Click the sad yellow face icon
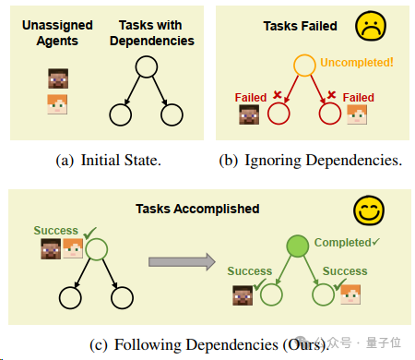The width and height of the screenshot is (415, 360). click(371, 26)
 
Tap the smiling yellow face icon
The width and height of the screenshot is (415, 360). click(369, 210)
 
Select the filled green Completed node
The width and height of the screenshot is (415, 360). click(297, 246)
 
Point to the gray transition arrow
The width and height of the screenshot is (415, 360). click(182, 262)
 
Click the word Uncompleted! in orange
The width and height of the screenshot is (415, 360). click(357, 63)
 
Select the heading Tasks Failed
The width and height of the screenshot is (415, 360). click(300, 26)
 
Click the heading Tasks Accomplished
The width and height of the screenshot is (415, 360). click(197, 209)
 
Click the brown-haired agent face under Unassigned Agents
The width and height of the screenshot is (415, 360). click(58, 78)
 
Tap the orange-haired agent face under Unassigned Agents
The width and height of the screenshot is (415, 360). click(57, 104)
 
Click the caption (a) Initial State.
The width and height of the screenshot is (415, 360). click(108, 161)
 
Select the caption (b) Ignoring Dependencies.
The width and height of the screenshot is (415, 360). click(311, 161)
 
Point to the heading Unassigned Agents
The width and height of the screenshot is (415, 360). click(57, 33)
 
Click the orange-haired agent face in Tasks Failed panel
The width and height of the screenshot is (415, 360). click(357, 114)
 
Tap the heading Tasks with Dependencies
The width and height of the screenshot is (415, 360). click(152, 33)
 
